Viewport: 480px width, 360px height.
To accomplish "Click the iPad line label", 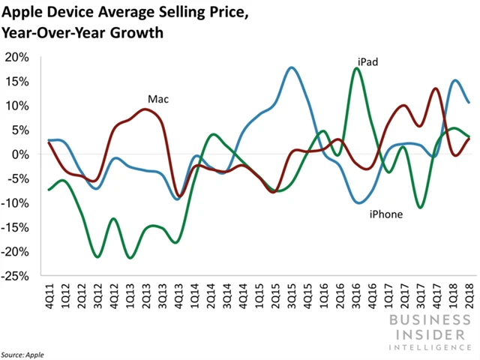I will tap(367, 62).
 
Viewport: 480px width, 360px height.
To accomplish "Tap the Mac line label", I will tap(157, 99).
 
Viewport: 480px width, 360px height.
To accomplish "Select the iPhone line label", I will tap(385, 214).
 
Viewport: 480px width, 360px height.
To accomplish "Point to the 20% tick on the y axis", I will tap(18, 57).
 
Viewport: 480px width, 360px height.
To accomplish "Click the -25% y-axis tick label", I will tap(16, 277).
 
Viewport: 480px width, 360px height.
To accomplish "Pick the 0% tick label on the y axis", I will tap(21, 154).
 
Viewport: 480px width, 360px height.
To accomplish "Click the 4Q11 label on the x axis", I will tap(49, 298).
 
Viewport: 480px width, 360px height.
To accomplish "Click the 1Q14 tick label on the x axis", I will tap(195, 298).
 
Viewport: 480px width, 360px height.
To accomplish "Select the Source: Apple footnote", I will tap(23, 352).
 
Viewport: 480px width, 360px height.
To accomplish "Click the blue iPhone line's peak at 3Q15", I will tap(292, 67).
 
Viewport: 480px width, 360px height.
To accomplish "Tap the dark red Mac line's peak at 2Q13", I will tap(145, 109).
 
